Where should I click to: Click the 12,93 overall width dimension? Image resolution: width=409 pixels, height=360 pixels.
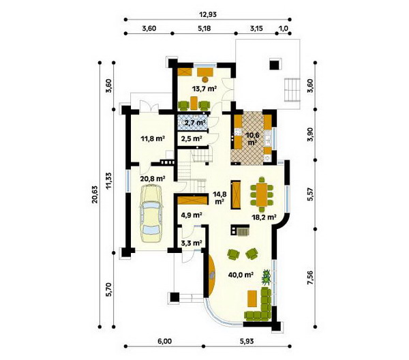point(208,14)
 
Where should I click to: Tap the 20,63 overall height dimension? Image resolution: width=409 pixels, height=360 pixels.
point(95,194)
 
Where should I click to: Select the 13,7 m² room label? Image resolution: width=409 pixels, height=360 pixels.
point(204,89)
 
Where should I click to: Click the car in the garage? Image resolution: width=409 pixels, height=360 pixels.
point(151,213)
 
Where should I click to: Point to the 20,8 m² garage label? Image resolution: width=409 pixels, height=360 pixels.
point(153,179)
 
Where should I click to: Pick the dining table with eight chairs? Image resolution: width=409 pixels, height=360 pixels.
point(262,194)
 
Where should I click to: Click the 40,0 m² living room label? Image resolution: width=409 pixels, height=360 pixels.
point(241,275)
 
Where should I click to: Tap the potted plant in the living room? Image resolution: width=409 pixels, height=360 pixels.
point(267,277)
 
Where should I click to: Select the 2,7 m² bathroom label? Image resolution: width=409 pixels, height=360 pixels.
point(194,123)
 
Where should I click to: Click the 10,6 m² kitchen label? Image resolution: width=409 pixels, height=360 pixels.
point(252,138)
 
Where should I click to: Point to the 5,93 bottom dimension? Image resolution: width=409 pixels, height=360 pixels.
point(246,341)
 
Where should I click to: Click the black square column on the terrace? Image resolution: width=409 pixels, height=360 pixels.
point(274,65)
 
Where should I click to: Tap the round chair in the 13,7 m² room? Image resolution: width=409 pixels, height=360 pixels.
point(206,79)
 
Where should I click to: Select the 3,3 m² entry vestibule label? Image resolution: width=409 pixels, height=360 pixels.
point(192,243)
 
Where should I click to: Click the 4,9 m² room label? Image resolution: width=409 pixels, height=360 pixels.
point(192,215)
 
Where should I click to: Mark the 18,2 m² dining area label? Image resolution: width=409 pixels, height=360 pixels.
point(264,217)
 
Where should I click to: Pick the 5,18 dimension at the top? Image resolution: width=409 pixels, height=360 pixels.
point(204,29)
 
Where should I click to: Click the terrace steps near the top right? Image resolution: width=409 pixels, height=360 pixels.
point(292,90)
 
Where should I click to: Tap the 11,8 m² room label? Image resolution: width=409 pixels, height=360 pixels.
point(153,138)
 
